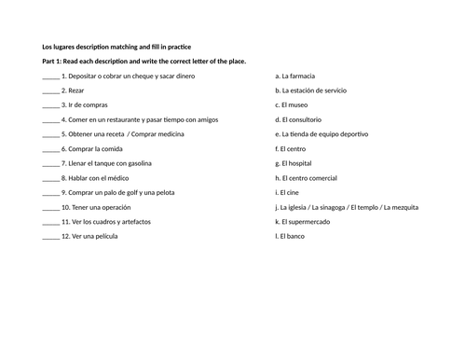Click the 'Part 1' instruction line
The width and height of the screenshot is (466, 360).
(144, 61)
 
